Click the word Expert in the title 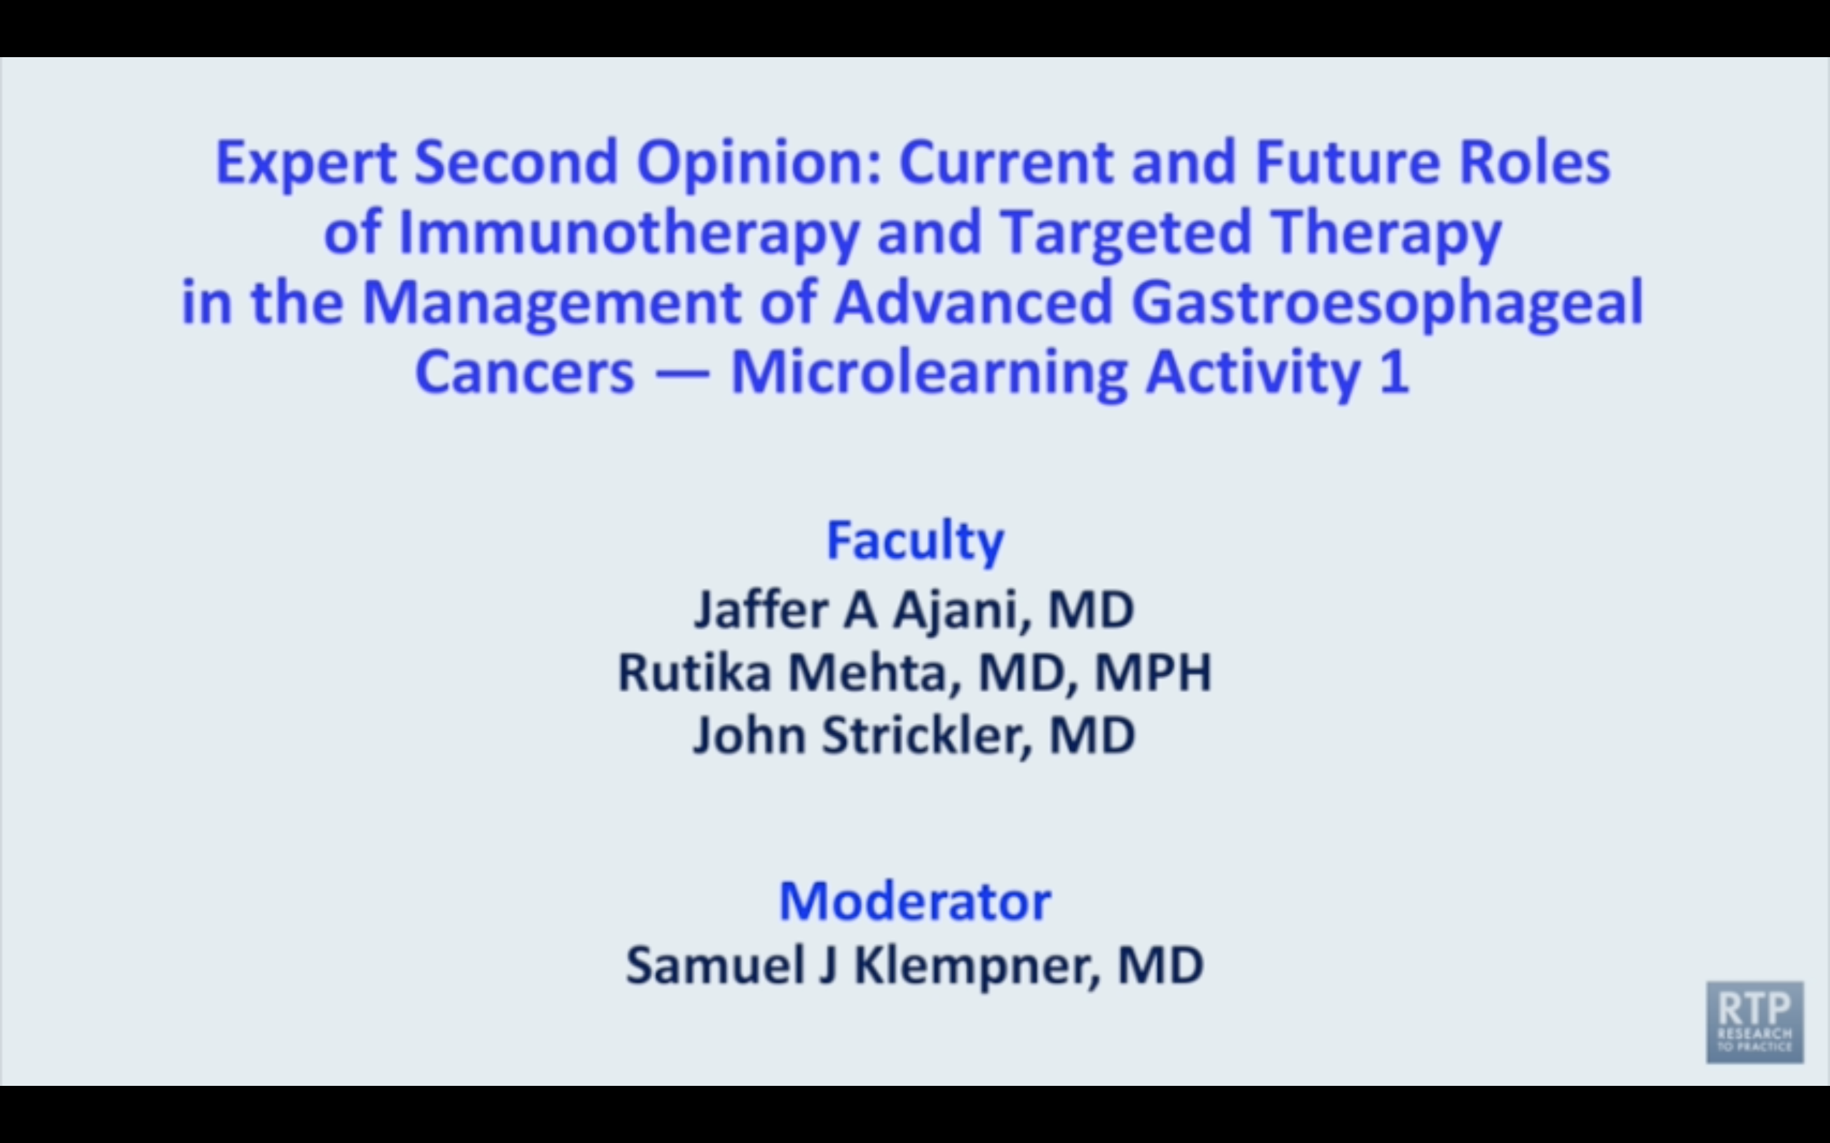tap(306, 163)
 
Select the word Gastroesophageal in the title tap(1387, 302)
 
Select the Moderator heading tap(915, 901)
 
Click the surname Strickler tap(926, 735)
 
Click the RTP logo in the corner tap(1754, 1022)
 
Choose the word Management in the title tap(552, 302)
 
